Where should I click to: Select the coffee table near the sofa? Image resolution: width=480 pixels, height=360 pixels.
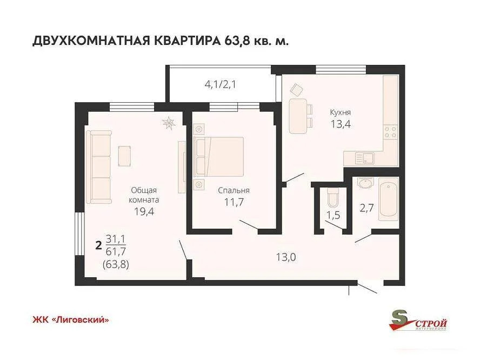click(125, 156)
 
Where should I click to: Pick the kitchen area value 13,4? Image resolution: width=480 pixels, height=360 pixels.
click(341, 124)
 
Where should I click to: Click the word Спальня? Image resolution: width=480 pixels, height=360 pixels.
click(234, 190)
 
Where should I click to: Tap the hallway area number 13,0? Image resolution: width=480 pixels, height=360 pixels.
click(285, 257)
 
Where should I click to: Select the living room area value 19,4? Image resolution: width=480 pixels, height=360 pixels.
click(144, 212)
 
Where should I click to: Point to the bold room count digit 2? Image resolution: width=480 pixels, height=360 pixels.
click(98, 245)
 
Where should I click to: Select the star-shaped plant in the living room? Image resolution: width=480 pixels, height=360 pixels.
click(170, 123)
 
